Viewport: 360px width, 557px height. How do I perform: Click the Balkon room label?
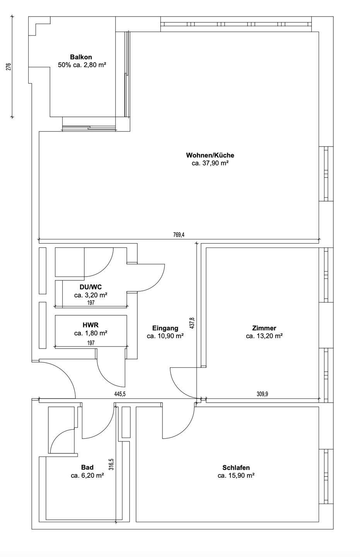81,57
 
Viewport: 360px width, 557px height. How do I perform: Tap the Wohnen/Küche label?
210,155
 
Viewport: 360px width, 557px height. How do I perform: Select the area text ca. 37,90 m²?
210,163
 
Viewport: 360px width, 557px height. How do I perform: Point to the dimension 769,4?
179,235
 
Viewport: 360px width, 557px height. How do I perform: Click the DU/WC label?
90,287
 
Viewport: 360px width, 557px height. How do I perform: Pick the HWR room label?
90,325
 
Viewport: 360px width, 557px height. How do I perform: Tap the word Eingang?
165,328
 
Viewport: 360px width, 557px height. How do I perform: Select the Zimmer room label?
264,328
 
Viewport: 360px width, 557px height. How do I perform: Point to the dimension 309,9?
262,394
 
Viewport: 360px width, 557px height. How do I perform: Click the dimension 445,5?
120,394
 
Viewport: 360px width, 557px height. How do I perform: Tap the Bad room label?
87,467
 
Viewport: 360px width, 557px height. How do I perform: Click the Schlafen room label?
236,468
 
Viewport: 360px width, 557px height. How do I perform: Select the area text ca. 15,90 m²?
236,476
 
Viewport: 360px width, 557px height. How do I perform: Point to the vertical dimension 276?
9,67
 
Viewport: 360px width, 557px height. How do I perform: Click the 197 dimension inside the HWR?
91,343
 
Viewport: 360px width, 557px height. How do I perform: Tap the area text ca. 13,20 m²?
264,336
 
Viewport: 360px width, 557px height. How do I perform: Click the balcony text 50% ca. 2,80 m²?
82,65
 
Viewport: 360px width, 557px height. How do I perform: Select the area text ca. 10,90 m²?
165,336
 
